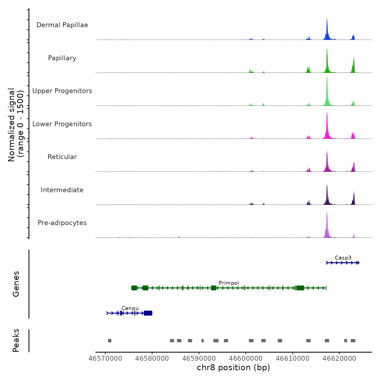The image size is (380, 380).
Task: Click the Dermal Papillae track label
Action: [62, 25]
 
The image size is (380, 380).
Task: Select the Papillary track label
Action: [62, 58]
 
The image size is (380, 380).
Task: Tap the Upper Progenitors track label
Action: [62, 91]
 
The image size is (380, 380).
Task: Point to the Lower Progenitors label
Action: [62, 124]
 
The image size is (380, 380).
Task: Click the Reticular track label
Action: [62, 157]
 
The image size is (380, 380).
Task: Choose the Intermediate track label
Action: [62, 190]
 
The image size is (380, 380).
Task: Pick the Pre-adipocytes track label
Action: [62, 223]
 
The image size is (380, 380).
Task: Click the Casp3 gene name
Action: [343, 258]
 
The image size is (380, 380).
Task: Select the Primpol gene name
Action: [229, 283]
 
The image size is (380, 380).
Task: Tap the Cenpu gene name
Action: [130, 308]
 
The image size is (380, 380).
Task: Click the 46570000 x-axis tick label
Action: [105, 359]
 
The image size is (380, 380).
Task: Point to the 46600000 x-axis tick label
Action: [246, 359]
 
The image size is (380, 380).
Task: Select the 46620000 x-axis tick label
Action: [339, 359]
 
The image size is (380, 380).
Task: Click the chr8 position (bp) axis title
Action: [233, 368]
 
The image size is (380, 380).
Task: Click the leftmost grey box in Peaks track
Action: [110, 341]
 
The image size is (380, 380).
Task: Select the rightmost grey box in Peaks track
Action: [353, 341]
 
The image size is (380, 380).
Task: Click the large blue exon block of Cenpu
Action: [148, 313]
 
